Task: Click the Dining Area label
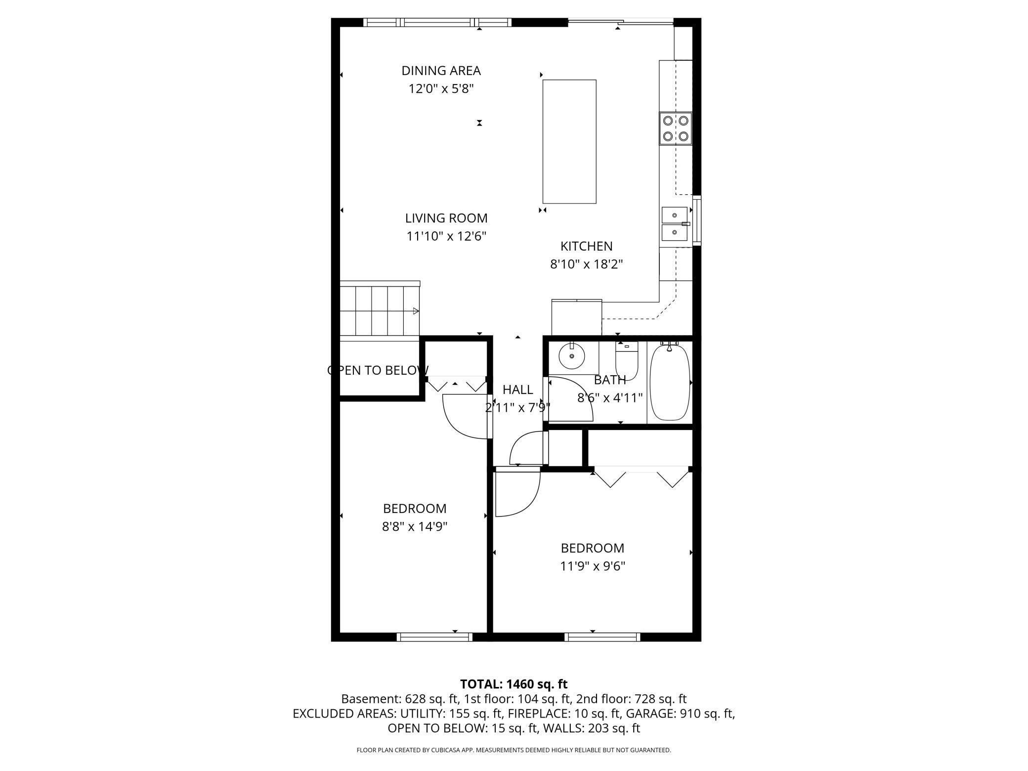pos(441,71)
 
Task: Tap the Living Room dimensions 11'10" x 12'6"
pos(446,236)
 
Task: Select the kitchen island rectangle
pos(569,141)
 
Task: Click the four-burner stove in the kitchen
pos(675,128)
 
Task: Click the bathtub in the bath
pos(669,383)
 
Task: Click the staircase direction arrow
pos(416,311)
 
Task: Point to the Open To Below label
pos(378,370)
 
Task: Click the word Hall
pos(517,390)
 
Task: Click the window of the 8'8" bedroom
pos(435,638)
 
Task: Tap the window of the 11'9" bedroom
pos(602,638)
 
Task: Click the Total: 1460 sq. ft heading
pos(514,684)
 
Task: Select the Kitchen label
pos(586,246)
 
